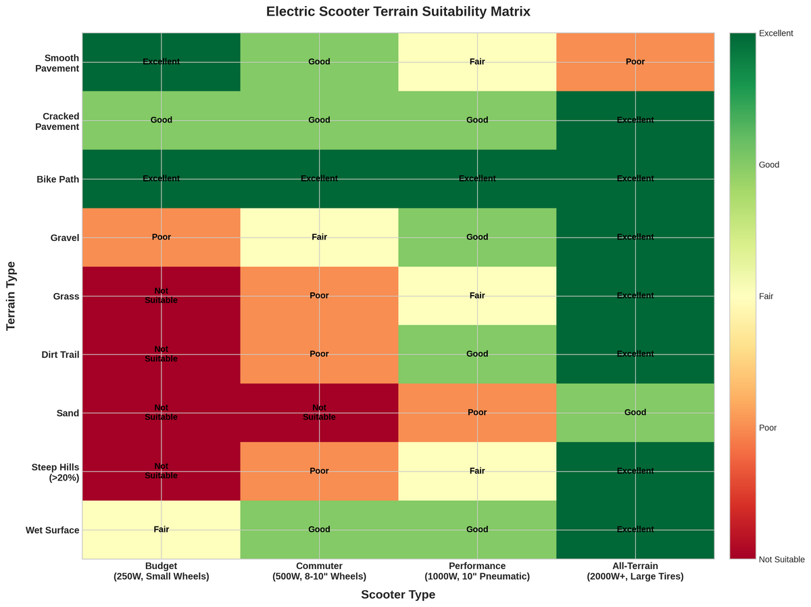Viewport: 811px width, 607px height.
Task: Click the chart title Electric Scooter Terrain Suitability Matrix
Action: (x=398, y=12)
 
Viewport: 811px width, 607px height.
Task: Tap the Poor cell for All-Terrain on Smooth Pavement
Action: (x=635, y=62)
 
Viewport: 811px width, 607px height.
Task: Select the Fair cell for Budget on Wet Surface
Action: (x=162, y=529)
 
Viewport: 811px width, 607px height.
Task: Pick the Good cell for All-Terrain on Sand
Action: (x=635, y=412)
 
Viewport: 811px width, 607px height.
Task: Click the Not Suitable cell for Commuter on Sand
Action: (x=319, y=412)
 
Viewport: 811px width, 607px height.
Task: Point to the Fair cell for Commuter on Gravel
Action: (x=319, y=237)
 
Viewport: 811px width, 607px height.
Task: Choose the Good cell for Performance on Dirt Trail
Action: (x=477, y=354)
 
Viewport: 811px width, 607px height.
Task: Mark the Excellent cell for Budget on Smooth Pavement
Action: (x=162, y=62)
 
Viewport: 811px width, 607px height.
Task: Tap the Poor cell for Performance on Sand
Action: (x=477, y=412)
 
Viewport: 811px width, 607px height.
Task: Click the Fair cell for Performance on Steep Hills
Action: (x=477, y=471)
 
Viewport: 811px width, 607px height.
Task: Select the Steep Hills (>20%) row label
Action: (x=55, y=472)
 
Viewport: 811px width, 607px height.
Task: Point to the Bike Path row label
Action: (x=59, y=179)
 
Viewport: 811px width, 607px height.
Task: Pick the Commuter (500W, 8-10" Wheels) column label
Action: (x=319, y=571)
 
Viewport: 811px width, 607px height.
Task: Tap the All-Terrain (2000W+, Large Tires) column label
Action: (x=635, y=571)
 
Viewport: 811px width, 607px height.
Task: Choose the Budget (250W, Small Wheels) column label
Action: (x=162, y=571)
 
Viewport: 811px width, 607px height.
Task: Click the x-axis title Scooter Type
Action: (x=398, y=595)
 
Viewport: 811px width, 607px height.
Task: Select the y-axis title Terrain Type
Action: (x=11, y=296)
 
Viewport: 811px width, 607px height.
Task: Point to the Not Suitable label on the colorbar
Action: (x=781, y=559)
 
